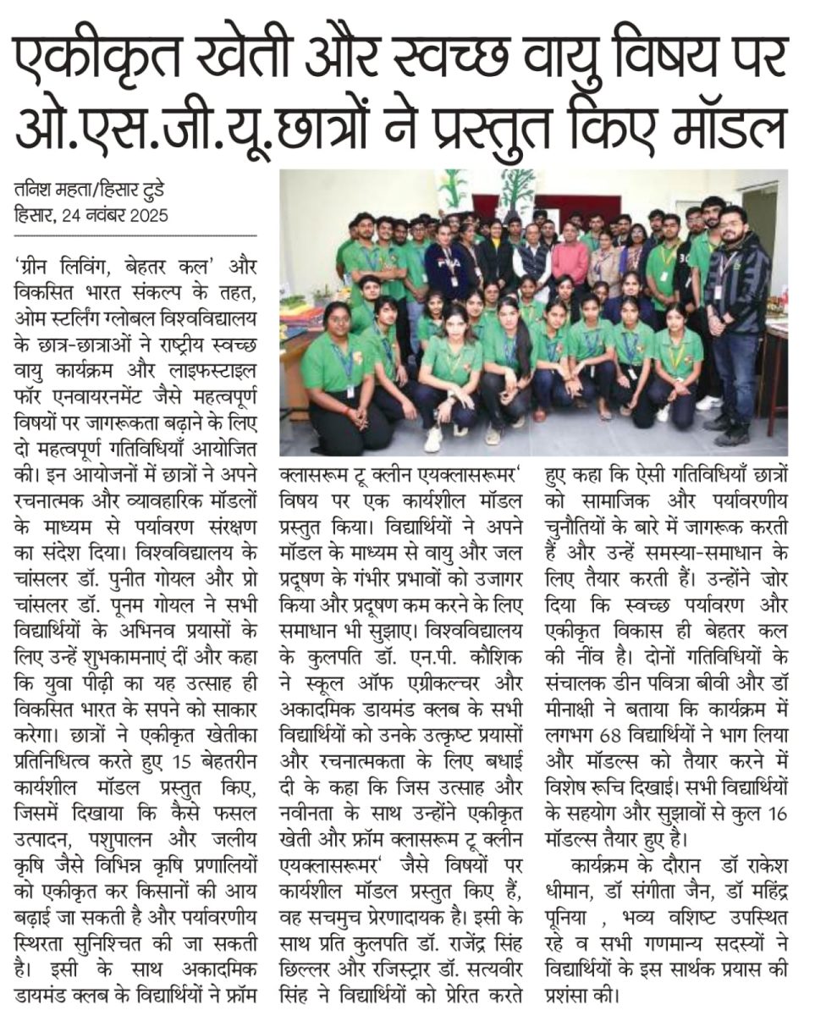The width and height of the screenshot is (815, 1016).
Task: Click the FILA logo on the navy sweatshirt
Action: coord(446,254)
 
